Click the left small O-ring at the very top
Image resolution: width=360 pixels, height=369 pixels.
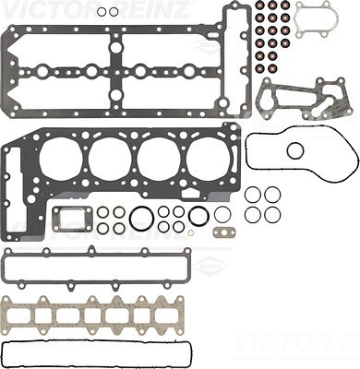102,12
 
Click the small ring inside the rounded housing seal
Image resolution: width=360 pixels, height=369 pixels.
295,150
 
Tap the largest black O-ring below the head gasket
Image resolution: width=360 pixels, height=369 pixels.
142,220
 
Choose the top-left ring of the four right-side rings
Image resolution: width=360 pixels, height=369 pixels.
253,195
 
